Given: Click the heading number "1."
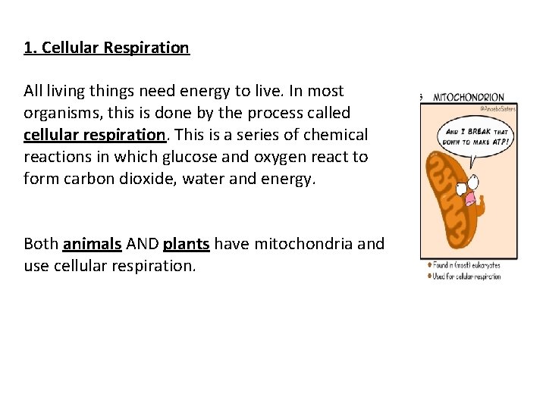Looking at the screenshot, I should (30, 48).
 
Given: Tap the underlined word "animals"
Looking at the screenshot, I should (93, 244).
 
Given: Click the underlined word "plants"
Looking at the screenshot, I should (186, 244).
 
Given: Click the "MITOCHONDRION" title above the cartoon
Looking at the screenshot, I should (469, 97).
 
